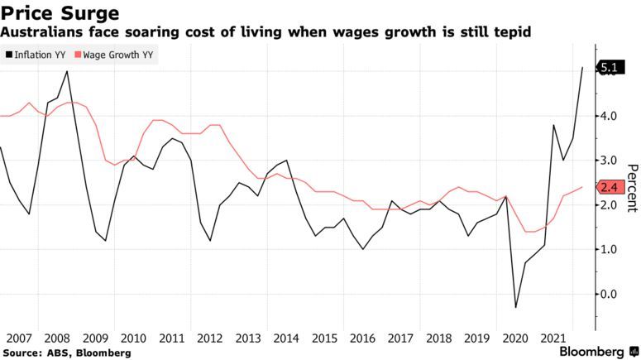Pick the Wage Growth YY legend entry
click(116, 55)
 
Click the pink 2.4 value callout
click(610, 187)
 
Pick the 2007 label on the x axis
click(17, 338)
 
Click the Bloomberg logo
click(593, 351)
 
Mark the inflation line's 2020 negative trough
click(517, 308)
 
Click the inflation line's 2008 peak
click(66, 71)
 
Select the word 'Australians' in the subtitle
click(38, 32)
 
